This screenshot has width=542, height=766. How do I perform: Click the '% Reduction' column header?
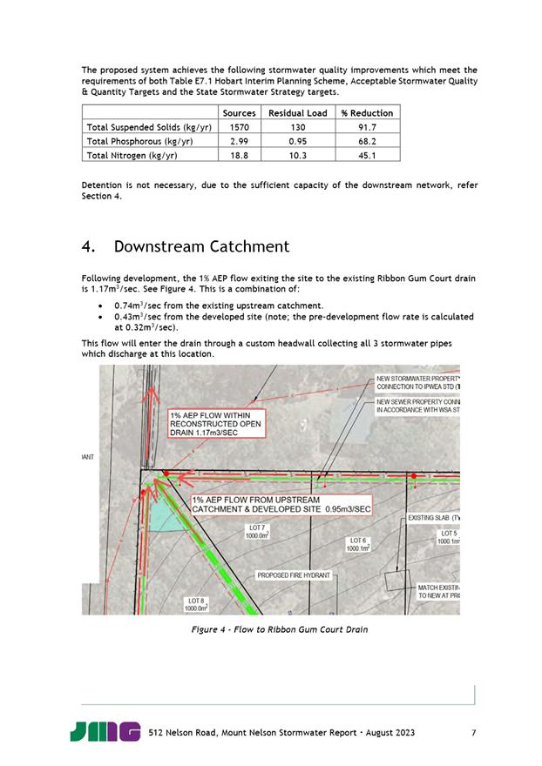(367, 113)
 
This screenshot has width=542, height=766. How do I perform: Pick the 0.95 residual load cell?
(297, 141)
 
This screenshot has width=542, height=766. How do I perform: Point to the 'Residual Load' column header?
(297, 113)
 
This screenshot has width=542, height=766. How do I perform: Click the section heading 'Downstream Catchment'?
(201, 246)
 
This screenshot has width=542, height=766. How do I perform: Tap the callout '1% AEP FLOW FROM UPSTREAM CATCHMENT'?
(281, 504)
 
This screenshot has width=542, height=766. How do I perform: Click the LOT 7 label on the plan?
(258, 532)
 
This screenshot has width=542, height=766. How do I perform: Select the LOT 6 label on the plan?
(358, 544)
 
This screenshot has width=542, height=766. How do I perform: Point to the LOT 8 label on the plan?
(196, 604)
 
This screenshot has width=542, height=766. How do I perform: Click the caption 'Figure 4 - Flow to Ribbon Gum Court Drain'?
(274, 629)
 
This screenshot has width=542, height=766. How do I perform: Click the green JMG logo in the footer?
(105, 732)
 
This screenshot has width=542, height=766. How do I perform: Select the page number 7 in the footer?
(473, 732)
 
